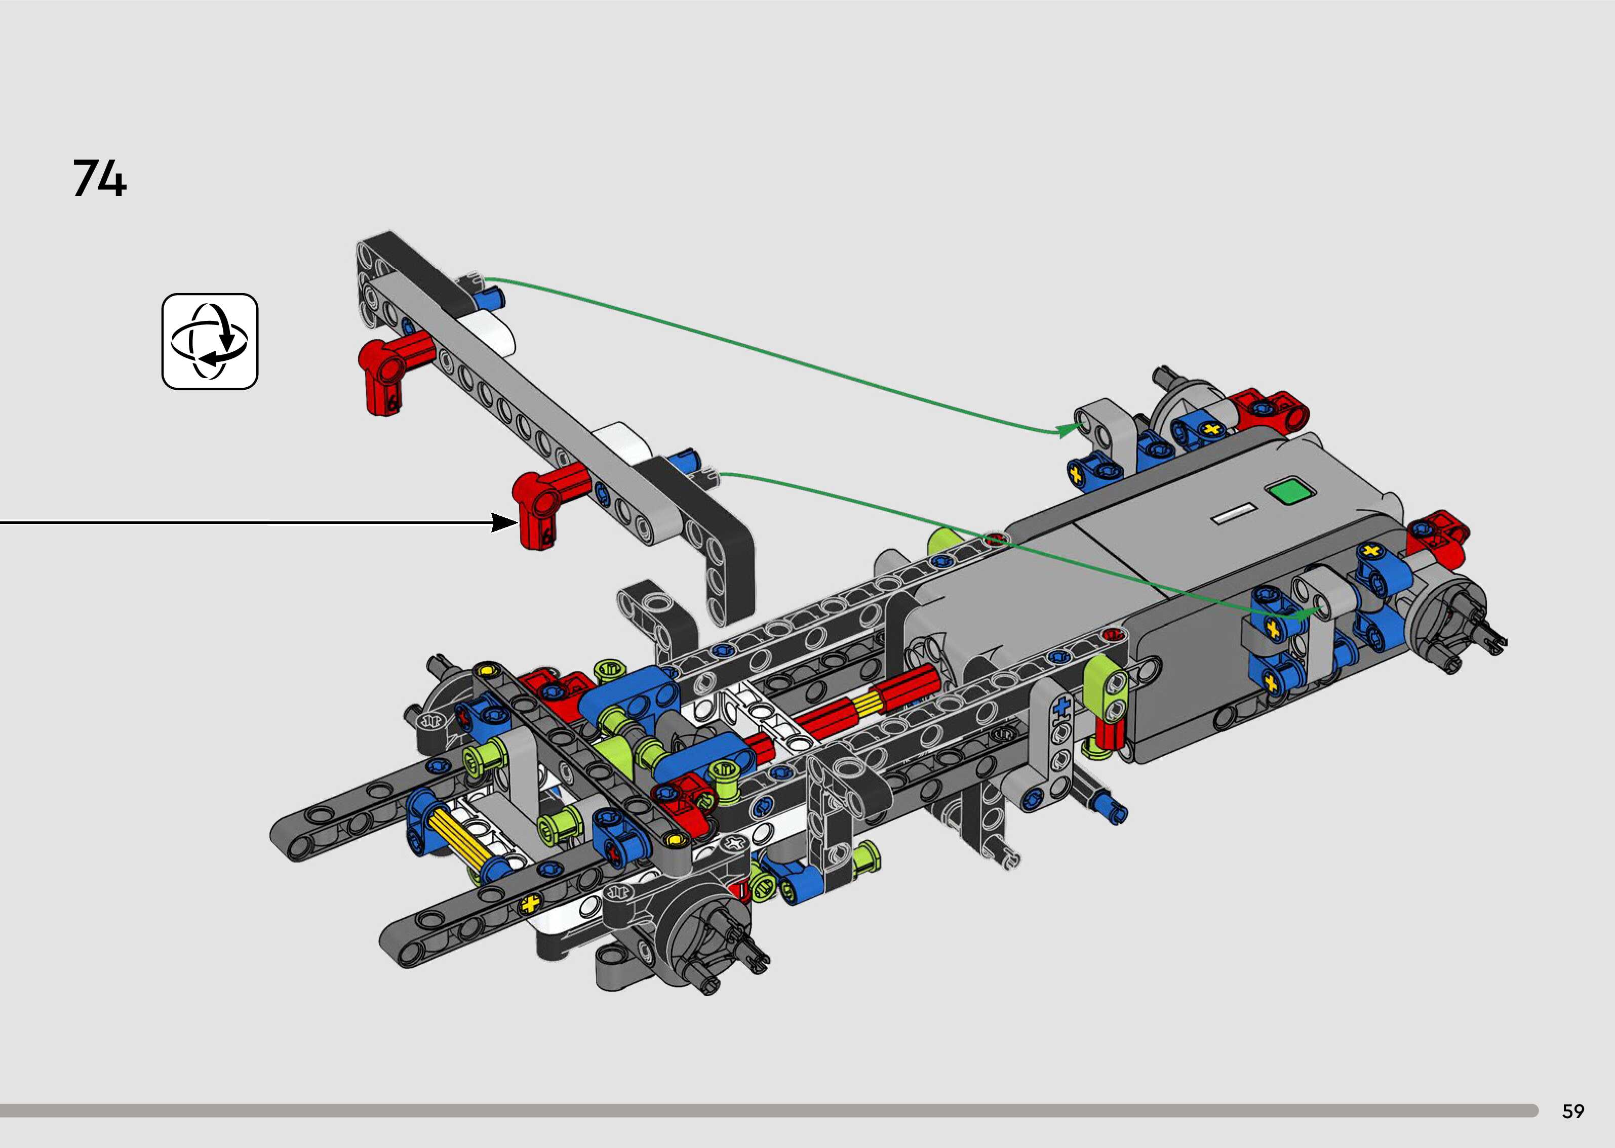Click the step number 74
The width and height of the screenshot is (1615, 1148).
(x=100, y=178)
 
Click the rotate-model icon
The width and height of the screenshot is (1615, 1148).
(x=210, y=342)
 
